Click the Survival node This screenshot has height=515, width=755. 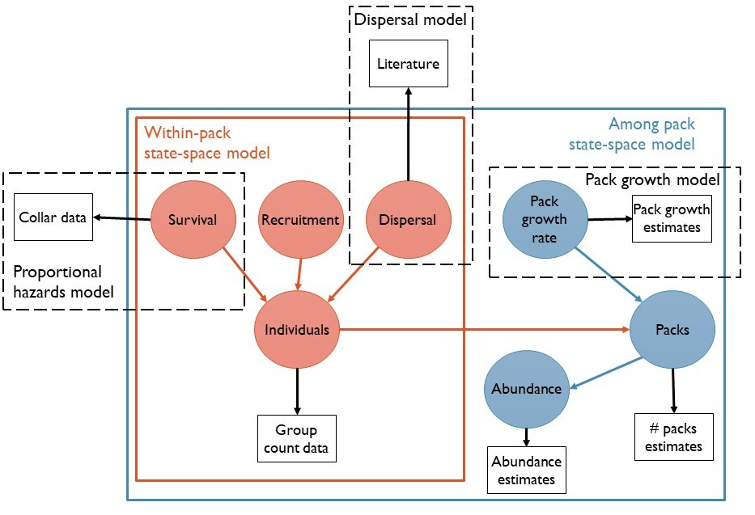(x=191, y=219)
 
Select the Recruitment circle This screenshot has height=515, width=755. (x=300, y=220)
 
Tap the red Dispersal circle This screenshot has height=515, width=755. (x=407, y=220)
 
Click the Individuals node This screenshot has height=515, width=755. (x=297, y=330)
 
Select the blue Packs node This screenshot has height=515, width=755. (x=672, y=330)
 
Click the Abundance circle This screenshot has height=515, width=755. (x=526, y=388)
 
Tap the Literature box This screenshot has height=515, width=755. (x=408, y=63)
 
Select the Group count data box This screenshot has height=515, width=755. (x=297, y=438)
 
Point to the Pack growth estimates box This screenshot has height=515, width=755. (x=671, y=218)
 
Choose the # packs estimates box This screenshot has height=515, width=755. (x=674, y=437)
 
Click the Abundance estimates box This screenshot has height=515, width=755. (x=527, y=471)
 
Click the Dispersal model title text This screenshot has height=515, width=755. (x=410, y=19)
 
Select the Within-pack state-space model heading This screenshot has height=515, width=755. (x=206, y=141)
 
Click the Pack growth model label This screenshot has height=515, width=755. (x=652, y=179)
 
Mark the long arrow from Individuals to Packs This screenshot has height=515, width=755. (x=486, y=330)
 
